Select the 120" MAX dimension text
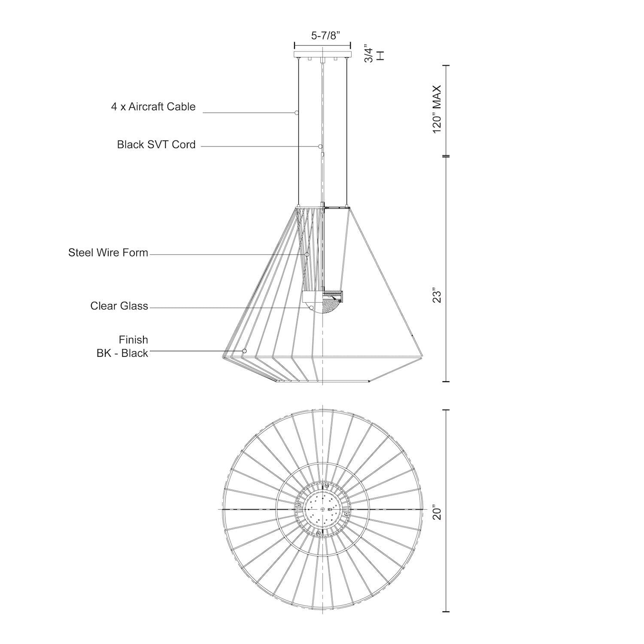coord(437,109)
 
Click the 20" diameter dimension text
coord(437,512)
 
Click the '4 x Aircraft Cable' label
coord(153,106)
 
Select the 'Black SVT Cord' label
coord(156,144)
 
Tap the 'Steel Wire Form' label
coord(108,252)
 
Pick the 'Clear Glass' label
coord(119,306)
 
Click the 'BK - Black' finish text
coord(122,353)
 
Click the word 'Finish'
coord(134,340)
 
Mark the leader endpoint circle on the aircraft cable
coord(297,113)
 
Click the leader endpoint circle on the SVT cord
coord(320,146)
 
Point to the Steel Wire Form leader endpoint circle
coord(307,255)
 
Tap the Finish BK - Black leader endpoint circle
coord(244,351)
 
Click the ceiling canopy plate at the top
coord(322,55)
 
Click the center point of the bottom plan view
coord(322,509)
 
